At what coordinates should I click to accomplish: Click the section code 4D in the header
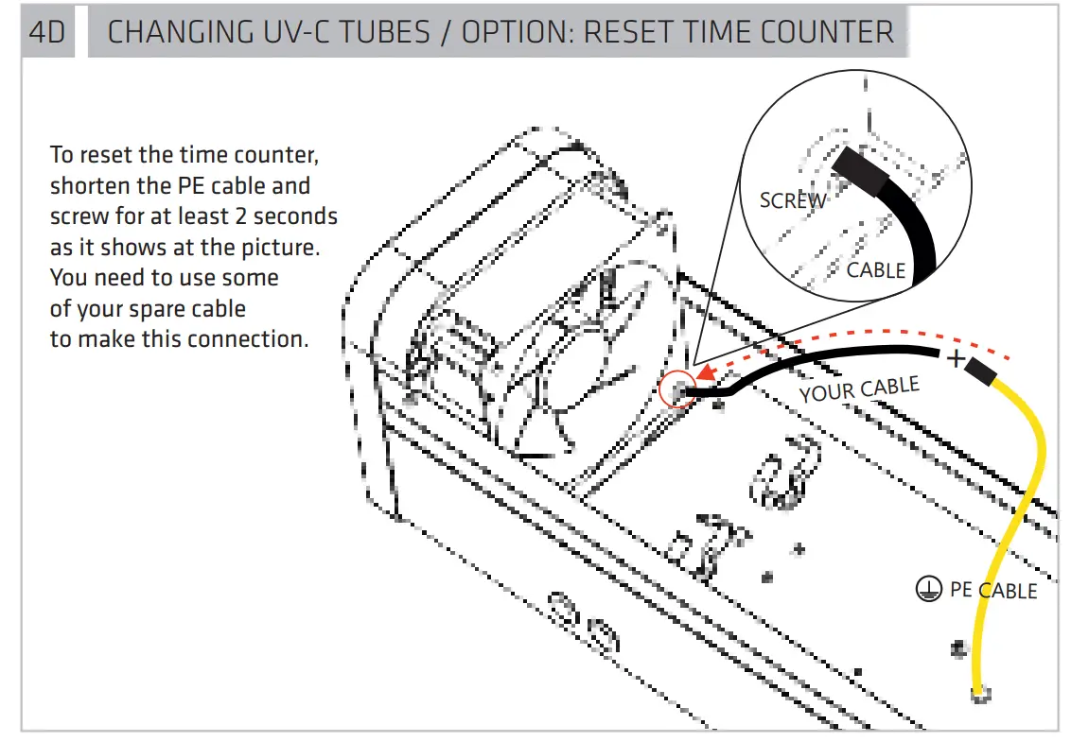click(x=46, y=32)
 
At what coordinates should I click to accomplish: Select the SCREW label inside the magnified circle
click(x=793, y=200)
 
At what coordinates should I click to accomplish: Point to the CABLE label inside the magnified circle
click(x=875, y=270)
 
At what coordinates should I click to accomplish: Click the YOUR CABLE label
click(x=859, y=388)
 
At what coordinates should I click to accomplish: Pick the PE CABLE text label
click(x=992, y=590)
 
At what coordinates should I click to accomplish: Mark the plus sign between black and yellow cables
click(x=956, y=358)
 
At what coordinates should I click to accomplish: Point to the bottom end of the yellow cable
click(x=980, y=693)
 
